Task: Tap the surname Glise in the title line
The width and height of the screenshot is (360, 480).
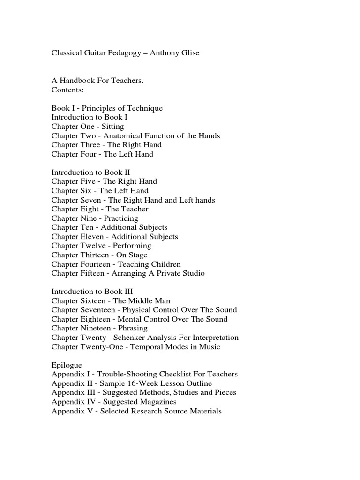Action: pyautogui.click(x=188, y=53)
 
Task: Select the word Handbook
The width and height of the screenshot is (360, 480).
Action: pyautogui.click(x=77, y=81)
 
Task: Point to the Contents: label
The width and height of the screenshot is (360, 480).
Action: pyautogui.click(x=67, y=90)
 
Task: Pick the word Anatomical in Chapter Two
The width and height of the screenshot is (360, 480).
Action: pyautogui.click(x=122, y=135)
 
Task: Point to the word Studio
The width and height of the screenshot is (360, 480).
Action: pyautogui.click(x=193, y=273)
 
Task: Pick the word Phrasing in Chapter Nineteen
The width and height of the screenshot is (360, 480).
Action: pyautogui.click(x=132, y=328)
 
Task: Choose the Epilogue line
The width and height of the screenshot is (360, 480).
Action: pyautogui.click(x=67, y=365)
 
